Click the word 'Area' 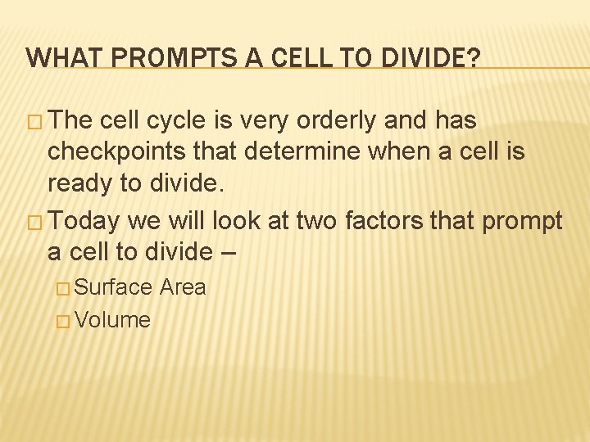pos(184,287)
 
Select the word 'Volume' pos(113,320)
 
